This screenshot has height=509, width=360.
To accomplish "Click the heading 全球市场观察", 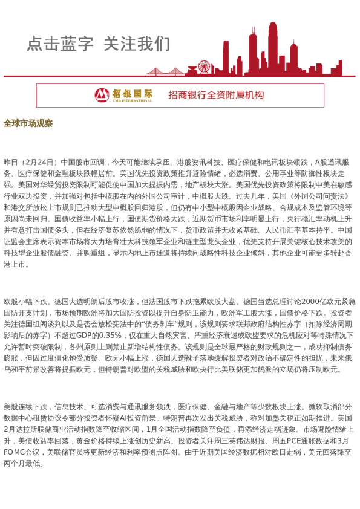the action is click(28, 123).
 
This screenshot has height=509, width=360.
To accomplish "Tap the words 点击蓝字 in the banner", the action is click(60, 44).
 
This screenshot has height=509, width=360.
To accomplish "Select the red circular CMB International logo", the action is click(102, 95).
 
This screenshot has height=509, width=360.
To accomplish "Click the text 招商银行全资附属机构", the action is click(216, 95).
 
